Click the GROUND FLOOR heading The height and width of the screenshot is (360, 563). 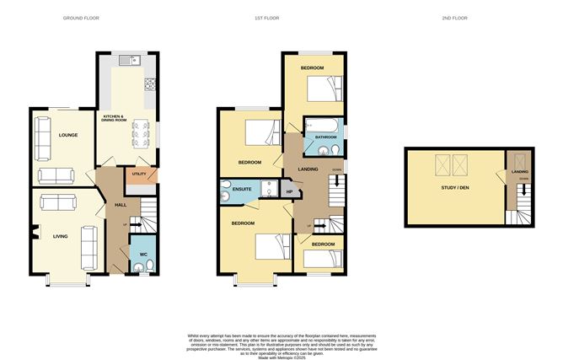pos(82,18)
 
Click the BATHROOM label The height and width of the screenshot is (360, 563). pos(325,137)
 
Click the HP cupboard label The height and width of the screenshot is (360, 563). pos(289,192)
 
